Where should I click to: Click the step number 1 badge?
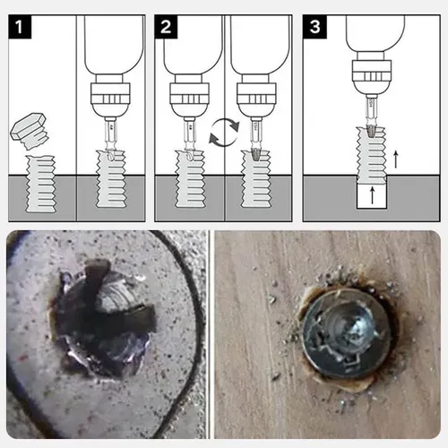pos(20,27)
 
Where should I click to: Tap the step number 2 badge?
pos(166,27)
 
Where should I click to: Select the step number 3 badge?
pos(314,27)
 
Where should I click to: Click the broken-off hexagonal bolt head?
pos(30,131)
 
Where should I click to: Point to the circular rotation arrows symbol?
pos(224,133)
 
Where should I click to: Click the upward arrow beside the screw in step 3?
pos(396,159)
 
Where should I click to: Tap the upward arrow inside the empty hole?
pos(372,195)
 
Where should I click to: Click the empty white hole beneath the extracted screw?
pos(372,195)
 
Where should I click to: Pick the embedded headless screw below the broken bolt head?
pos(41,184)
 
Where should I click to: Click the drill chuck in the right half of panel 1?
pos(110,97)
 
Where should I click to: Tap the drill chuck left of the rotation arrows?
pos(189,97)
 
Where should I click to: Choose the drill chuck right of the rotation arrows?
pos(256,97)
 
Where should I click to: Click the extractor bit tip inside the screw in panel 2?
pos(256,154)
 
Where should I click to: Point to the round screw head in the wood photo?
pos(347,334)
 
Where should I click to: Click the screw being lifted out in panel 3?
pos(372,155)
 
